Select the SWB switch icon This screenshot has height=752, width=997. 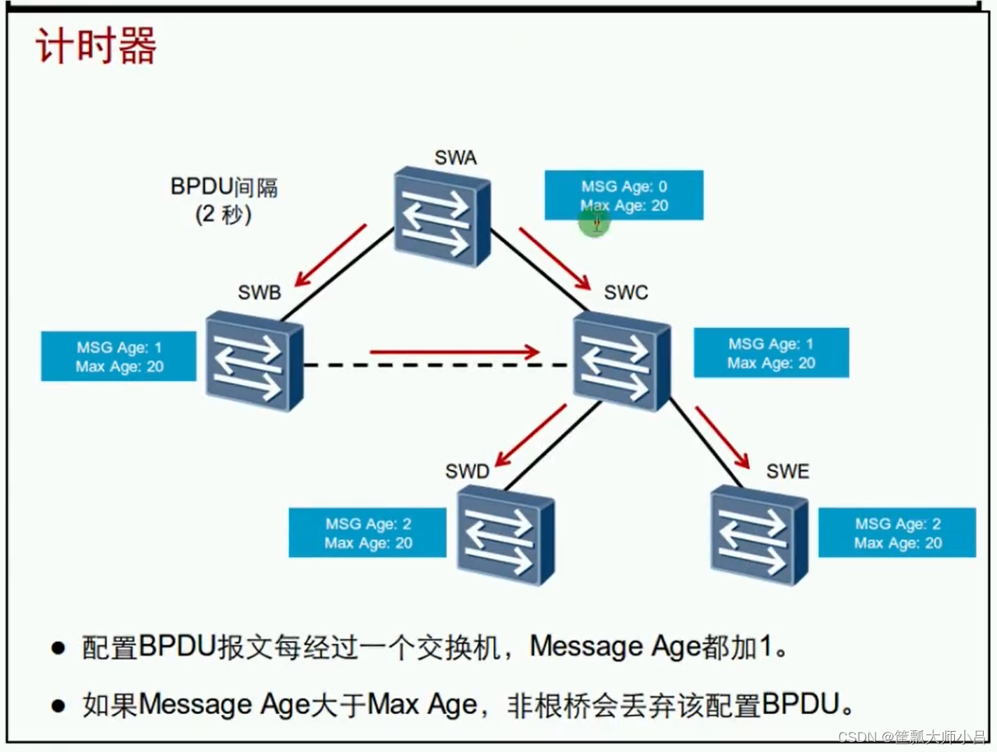coord(253,361)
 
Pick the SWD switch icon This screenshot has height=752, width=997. coord(505,534)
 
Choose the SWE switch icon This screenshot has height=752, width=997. coord(759,534)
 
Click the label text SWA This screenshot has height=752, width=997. coord(455,158)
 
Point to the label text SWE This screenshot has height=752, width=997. coord(787,471)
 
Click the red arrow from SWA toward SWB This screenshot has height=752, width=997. coord(331,256)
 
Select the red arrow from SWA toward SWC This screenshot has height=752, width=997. coord(554,259)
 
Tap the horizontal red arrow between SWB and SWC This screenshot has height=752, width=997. coord(454,352)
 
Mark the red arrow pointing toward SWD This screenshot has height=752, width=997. coord(531,436)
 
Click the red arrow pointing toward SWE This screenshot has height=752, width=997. coord(722,437)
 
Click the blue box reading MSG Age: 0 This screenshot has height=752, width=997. coord(624,196)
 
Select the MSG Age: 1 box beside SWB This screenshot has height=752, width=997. coord(118,357)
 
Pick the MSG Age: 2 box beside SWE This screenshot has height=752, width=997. coord(896,533)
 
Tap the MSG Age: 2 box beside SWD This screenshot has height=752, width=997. coord(367,533)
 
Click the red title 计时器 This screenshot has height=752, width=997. coord(96,45)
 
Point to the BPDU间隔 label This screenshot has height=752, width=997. coord(224,187)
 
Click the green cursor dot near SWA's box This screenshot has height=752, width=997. coord(594,224)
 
